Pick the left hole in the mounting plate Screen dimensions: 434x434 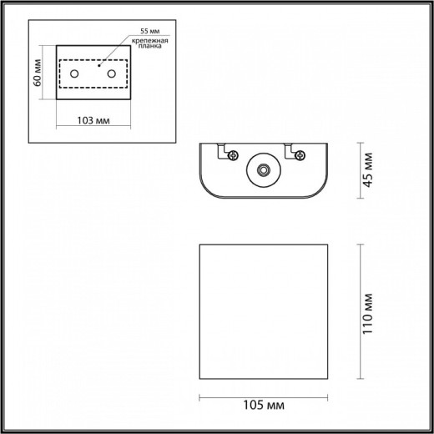click(75, 75)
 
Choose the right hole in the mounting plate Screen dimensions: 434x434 click(110, 75)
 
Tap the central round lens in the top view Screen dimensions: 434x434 click(265, 170)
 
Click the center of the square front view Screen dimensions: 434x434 click(265, 310)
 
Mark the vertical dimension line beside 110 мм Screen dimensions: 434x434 click(360, 310)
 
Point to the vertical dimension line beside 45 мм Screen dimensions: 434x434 click(360, 171)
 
